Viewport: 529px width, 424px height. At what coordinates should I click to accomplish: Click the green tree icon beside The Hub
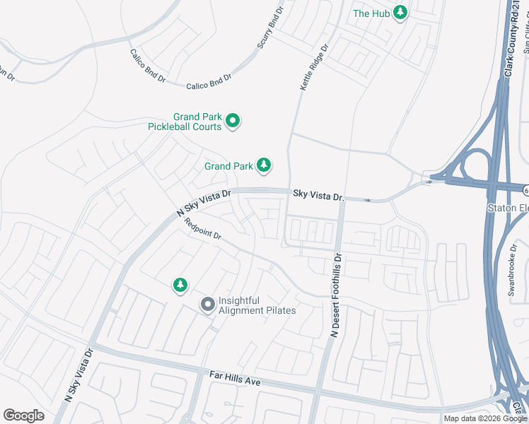point(401,13)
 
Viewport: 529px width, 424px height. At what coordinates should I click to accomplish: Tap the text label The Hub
point(371,13)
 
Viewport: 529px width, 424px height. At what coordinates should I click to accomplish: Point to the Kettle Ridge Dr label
point(315,69)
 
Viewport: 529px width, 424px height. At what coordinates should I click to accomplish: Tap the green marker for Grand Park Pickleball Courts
point(233,122)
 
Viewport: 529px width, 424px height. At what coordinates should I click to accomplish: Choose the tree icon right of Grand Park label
point(264,165)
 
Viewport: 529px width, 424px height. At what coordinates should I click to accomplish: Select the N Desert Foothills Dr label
point(336,295)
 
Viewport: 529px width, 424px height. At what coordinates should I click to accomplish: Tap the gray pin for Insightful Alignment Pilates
point(207,305)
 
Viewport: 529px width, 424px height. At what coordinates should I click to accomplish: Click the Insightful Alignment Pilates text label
point(257,305)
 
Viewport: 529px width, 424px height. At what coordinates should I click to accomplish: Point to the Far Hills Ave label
point(236,378)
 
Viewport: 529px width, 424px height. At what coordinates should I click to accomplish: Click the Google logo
point(23,416)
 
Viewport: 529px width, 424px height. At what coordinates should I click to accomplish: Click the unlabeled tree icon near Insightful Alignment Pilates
point(180,285)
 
